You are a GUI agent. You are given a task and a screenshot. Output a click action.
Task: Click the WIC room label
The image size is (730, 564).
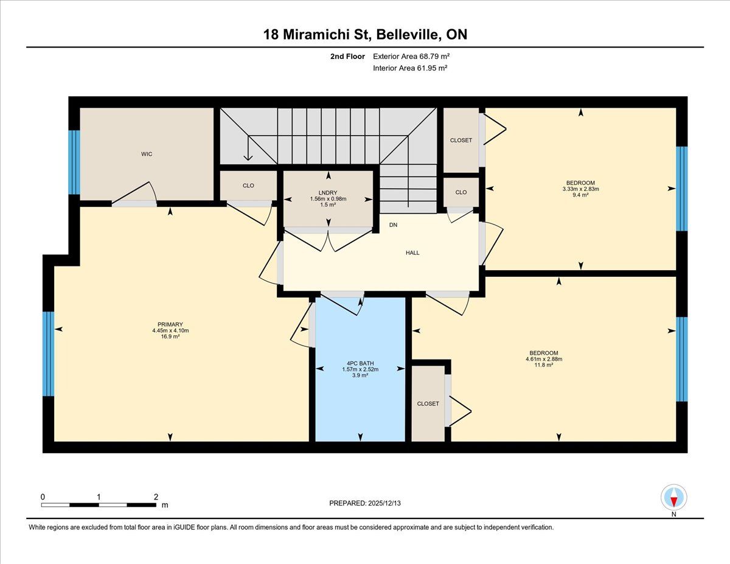147,154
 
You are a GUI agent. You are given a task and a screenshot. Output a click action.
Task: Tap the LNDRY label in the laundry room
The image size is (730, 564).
328,193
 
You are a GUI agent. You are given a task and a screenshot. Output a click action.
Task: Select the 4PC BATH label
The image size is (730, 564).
360,363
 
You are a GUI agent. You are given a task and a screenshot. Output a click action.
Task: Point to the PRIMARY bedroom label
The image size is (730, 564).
170,324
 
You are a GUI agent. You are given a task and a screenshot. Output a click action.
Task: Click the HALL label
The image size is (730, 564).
412,253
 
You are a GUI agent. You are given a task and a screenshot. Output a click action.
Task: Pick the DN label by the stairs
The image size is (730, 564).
394,225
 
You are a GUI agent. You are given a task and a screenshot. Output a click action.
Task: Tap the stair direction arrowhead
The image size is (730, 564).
248,157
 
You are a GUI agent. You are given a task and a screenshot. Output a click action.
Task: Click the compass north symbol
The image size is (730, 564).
674,497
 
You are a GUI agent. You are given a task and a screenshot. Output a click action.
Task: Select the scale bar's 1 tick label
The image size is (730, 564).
99,497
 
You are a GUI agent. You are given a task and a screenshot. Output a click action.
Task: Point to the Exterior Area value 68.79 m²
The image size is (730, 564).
434,56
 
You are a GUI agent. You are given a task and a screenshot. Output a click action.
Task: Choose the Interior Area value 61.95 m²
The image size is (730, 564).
432,68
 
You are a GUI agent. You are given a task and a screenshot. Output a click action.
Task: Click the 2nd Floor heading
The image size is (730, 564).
347,57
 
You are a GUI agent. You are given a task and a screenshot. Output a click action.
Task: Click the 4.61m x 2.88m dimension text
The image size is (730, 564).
544,359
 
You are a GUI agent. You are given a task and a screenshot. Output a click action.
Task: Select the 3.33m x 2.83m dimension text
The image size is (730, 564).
581,189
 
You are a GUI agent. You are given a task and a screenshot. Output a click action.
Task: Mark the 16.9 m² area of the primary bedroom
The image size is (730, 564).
170,336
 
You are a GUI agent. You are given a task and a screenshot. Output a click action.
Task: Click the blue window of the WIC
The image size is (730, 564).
74,162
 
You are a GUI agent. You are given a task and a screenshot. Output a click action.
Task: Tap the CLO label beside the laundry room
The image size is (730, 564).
248,186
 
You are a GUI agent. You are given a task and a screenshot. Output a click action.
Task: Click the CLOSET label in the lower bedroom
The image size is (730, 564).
428,404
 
